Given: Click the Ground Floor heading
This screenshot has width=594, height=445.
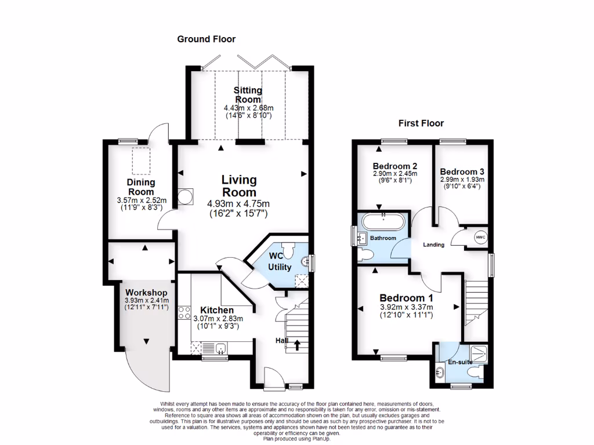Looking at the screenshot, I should click(206, 39).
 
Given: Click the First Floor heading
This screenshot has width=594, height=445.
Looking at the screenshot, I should click(421, 123).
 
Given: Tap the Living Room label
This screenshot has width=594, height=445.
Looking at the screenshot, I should click(239, 186).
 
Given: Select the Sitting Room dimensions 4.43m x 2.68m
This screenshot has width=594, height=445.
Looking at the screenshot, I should click(248, 108).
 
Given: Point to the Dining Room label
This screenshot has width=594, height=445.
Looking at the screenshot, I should click(141, 187).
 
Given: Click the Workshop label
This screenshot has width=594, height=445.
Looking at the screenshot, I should click(146, 292).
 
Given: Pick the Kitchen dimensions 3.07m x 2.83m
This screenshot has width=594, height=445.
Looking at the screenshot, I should click(217, 318).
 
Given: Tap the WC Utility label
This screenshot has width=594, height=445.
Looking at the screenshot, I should click(280, 261).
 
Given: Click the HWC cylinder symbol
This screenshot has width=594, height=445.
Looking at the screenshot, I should click(480, 237).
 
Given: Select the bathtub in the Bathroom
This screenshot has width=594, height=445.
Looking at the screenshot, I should click(383, 222).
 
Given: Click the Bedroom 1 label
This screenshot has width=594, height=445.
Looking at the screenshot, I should click(406, 298).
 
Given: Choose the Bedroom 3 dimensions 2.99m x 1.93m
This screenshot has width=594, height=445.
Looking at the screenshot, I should click(462, 180).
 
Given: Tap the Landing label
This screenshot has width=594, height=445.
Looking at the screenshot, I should click(433, 245).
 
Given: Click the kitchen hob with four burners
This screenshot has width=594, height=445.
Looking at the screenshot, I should click(184, 313).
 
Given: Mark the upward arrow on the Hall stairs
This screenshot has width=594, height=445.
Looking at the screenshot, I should click(297, 345).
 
